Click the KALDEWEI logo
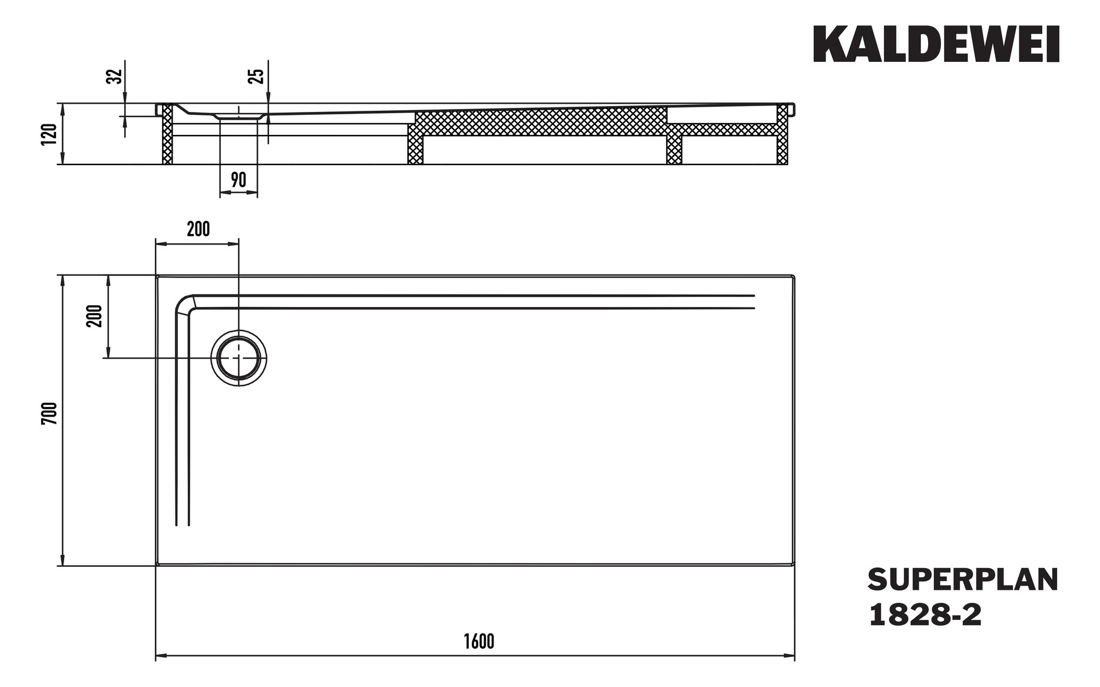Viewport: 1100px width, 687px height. (936, 44)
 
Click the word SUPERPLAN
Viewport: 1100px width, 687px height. (962, 580)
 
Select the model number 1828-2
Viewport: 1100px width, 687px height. (925, 615)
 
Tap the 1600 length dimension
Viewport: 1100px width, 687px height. (478, 642)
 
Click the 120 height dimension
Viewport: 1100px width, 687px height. (51, 134)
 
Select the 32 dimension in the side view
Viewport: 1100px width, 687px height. (115, 76)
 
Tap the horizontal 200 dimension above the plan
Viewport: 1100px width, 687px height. (198, 229)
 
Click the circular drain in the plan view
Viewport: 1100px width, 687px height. (238, 358)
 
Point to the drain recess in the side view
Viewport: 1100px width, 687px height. (238, 116)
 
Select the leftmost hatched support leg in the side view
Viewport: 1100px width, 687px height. (167, 134)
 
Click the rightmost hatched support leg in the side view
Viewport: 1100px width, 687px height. (782, 134)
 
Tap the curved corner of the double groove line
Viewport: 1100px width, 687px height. (184, 304)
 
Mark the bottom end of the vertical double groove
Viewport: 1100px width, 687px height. (183, 523)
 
